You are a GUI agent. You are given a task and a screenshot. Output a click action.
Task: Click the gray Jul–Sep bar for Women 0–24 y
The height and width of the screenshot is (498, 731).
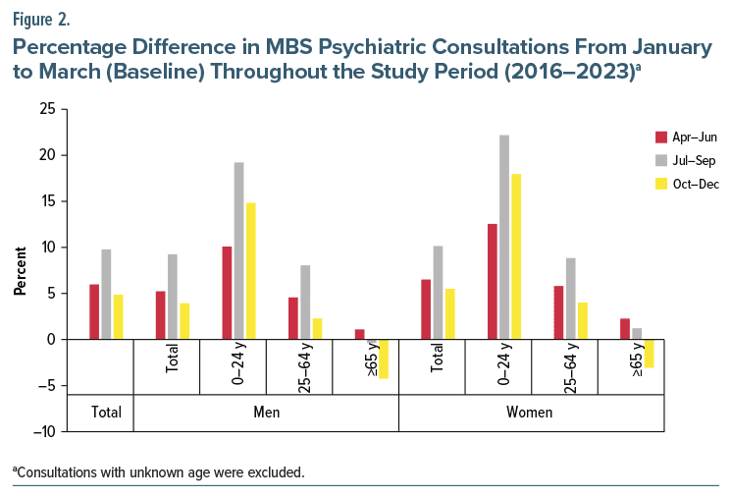tap(504, 237)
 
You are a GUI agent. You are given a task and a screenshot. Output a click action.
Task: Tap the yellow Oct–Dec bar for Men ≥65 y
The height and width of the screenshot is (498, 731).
tap(384, 359)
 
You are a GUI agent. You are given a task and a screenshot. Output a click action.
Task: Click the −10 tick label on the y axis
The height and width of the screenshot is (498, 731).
tap(43, 431)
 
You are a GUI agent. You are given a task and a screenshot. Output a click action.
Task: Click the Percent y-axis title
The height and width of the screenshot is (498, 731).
tap(19, 270)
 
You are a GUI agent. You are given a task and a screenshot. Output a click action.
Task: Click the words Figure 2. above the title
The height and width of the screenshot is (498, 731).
tap(43, 17)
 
